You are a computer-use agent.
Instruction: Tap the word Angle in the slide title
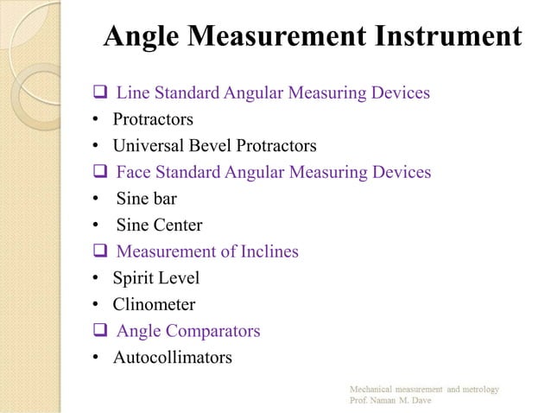click(140, 37)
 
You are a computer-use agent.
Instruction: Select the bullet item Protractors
click(153, 118)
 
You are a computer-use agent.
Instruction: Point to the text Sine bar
click(146, 199)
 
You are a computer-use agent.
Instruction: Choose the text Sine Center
click(159, 226)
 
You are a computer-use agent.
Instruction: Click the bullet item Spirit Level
click(155, 278)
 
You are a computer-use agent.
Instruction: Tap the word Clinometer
click(154, 304)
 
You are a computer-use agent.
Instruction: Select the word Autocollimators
click(172, 357)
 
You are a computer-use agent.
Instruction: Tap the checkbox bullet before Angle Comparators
click(98, 331)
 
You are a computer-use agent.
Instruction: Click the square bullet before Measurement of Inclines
click(98, 251)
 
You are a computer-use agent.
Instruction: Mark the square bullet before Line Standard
click(98, 92)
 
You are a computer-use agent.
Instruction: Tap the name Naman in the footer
click(389, 402)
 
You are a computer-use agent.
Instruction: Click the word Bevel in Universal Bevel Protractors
click(210, 145)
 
